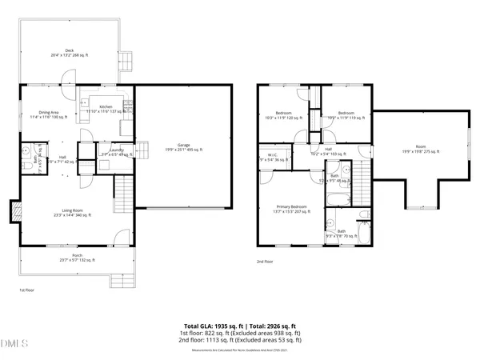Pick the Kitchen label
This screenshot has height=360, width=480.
(x=106, y=107)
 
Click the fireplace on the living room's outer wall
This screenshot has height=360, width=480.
(x=14, y=212)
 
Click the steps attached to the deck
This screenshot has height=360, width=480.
(x=126, y=62)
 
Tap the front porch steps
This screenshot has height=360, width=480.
(x=120, y=281)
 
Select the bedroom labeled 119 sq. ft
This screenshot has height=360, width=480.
(x=346, y=115)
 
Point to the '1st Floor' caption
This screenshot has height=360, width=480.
(x=27, y=290)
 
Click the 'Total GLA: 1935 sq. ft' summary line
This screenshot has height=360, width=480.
(x=239, y=326)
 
